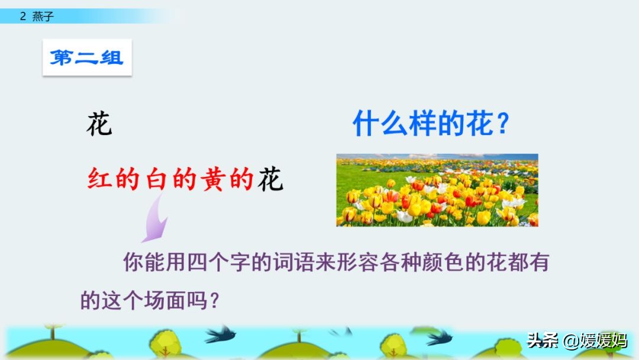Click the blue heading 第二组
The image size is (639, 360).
tap(86, 58)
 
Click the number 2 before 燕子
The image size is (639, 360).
tap(22, 17)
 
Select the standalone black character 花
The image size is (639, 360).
tap(99, 124)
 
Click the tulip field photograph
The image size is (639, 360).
tap(437, 190)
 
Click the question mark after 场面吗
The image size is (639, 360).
tap(215, 301)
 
